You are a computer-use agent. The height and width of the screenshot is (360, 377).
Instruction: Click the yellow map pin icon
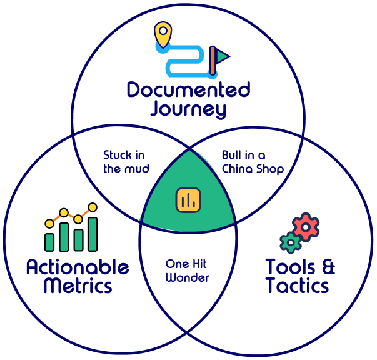pyautogui.click(x=163, y=32)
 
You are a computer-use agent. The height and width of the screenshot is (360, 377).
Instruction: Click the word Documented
pyautogui.click(x=188, y=91)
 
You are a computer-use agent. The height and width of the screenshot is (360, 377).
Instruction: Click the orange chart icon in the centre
pyautogui.click(x=188, y=199)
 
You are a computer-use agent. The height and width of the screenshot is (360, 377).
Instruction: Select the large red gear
pyautogui.click(x=306, y=228)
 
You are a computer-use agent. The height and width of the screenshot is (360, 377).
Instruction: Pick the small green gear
pyautogui.click(x=289, y=242)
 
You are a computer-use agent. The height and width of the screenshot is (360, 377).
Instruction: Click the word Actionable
pyautogui.click(x=78, y=268)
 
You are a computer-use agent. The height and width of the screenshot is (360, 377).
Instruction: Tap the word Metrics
pyautogui.click(x=78, y=286)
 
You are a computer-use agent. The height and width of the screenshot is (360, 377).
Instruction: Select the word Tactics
pyautogui.click(x=297, y=286)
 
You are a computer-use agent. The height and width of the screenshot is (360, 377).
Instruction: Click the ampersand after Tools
pyautogui.click(x=326, y=267)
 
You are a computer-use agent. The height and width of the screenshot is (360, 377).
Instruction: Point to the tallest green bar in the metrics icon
pyautogui.click(x=93, y=234)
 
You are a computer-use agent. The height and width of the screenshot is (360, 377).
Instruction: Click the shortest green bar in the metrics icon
pyautogui.click(x=49, y=242)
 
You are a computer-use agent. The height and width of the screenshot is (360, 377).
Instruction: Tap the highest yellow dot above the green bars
pyautogui.click(x=93, y=207)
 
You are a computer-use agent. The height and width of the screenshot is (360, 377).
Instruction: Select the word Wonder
pyautogui.click(x=188, y=277)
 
